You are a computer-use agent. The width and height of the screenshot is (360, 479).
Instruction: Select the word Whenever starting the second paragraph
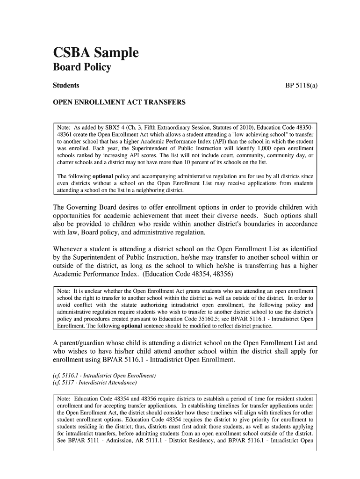[70, 249]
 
